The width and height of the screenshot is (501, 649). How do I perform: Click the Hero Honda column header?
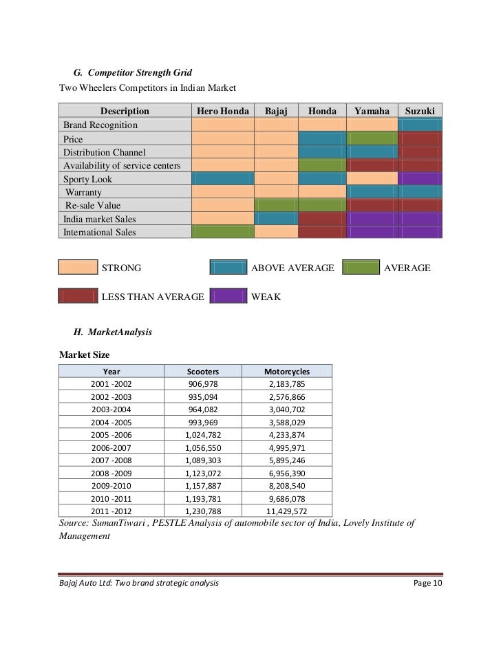(223, 111)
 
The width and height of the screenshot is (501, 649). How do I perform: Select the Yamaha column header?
(372, 111)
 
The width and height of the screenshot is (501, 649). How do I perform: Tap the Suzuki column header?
(420, 111)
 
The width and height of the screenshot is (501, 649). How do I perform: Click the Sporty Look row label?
(87, 179)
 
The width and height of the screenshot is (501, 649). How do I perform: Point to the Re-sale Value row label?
(92, 205)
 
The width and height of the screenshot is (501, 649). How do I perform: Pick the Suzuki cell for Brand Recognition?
(420, 125)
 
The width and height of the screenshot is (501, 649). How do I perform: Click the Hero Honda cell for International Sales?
(223, 232)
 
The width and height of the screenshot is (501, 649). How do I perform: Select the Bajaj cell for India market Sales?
(275, 219)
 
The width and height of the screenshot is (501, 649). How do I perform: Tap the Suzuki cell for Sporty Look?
(420, 179)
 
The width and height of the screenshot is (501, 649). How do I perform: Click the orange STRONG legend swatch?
(77, 268)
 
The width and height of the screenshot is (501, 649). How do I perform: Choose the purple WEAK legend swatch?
(228, 297)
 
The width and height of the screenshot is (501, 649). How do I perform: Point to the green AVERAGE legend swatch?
(360, 268)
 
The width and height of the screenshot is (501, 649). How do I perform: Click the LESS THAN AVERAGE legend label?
(153, 297)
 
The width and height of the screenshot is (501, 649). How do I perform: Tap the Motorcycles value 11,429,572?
(287, 511)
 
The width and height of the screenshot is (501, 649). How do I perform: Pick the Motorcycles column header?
(287, 371)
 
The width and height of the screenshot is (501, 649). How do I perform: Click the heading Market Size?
(85, 354)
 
